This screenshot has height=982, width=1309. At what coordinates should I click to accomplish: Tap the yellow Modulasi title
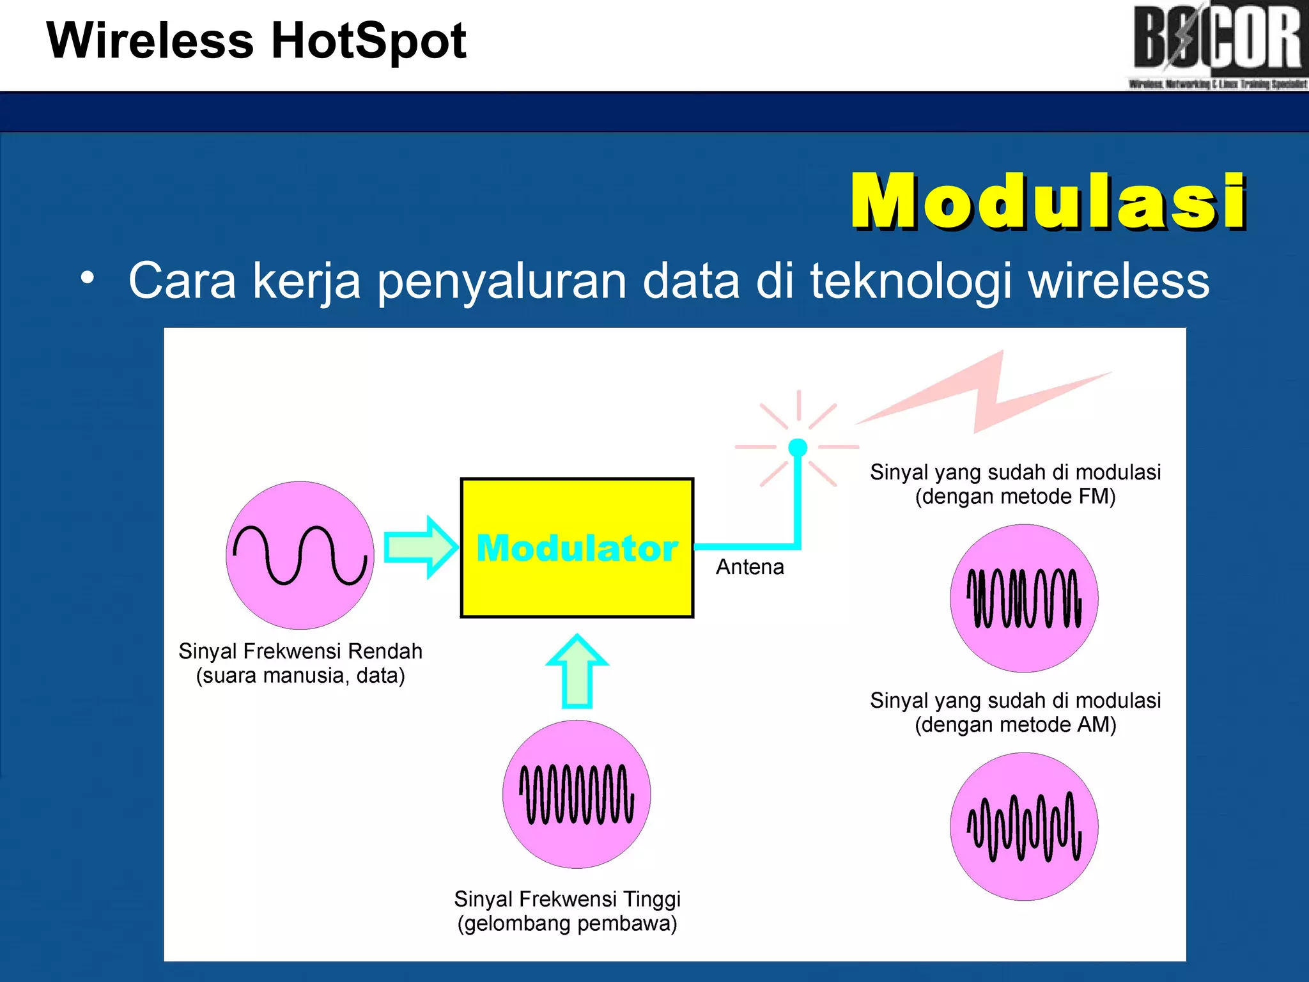point(1048,201)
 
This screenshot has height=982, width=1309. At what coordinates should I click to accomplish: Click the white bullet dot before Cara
point(88,278)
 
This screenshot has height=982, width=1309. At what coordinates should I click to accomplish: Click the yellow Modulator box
point(577,575)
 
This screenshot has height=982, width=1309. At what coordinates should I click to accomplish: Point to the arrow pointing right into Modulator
point(421,547)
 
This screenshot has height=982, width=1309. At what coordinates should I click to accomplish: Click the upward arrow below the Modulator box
point(577,671)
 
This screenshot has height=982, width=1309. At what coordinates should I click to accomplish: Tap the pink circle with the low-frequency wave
point(300,555)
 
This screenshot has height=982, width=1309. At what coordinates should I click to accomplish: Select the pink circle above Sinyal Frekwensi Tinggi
point(577,794)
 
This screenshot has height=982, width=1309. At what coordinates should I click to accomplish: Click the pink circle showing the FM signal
point(1024,598)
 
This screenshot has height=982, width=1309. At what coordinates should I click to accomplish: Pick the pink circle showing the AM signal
point(1024,827)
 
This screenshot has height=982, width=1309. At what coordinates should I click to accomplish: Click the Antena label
point(750,567)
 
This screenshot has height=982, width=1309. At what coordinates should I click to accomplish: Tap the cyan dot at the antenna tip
point(798,447)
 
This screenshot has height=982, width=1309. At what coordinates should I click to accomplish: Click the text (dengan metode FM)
point(1015,497)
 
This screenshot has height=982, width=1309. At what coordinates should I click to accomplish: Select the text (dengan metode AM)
point(1015,725)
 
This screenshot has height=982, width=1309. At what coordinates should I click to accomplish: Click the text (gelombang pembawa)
point(567,923)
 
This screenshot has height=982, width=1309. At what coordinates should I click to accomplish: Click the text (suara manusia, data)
point(300,676)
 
